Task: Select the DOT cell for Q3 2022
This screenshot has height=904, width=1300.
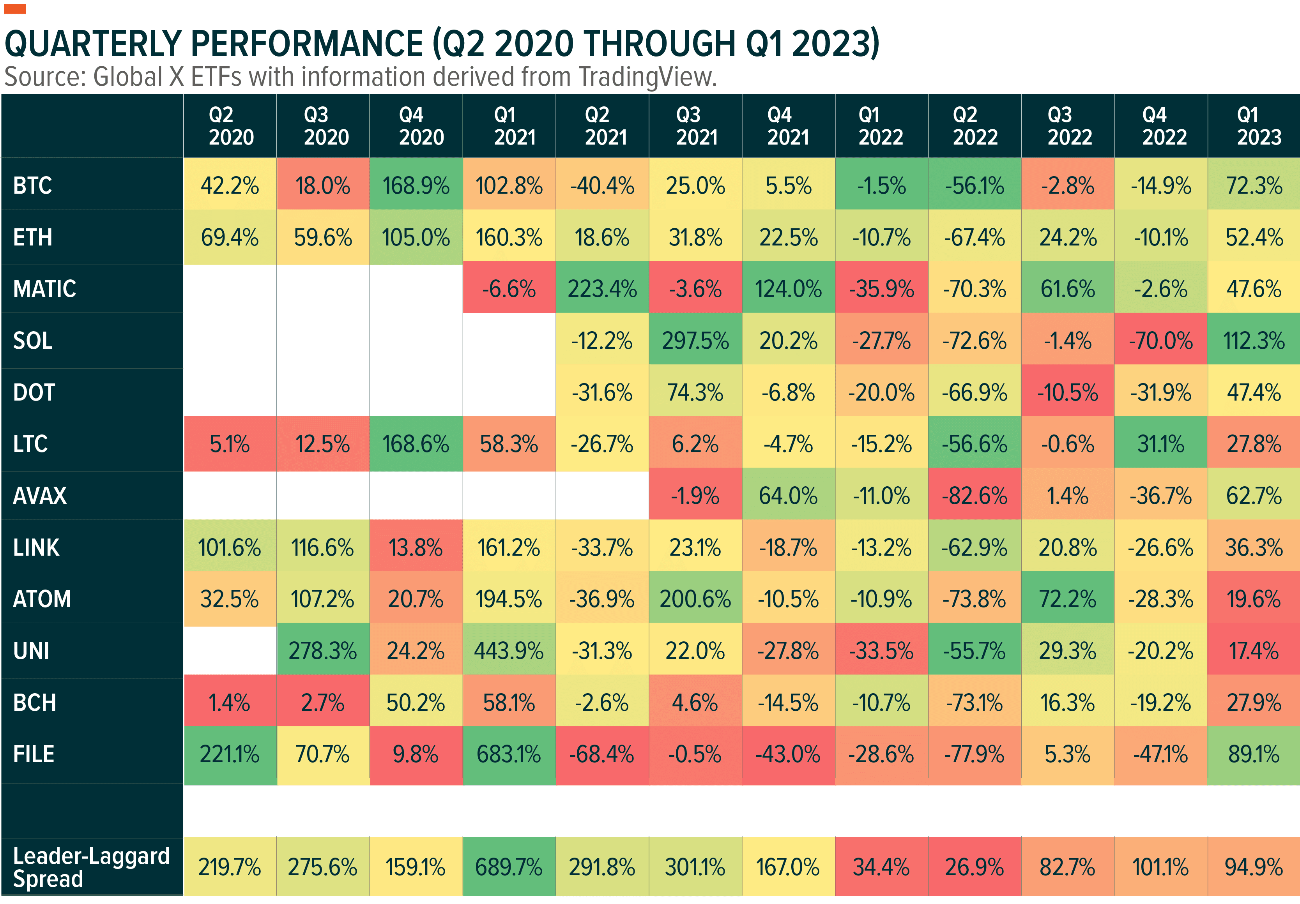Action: (1067, 392)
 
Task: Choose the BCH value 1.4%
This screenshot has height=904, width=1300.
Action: (229, 703)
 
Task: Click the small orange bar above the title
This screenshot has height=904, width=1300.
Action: (15, 9)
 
